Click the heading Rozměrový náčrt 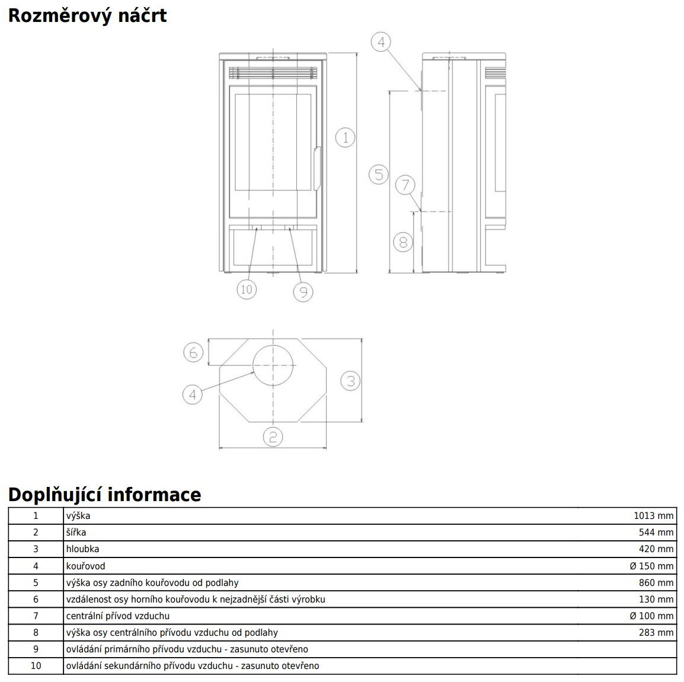click(x=87, y=15)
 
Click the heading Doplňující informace click(x=104, y=494)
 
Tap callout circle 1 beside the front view click(x=345, y=138)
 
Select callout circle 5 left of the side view click(x=378, y=174)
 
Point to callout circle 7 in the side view click(x=405, y=185)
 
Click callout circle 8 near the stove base click(x=403, y=241)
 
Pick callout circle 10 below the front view click(x=247, y=289)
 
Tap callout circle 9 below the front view click(x=302, y=291)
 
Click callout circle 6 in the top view click(x=193, y=353)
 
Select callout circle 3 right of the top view click(x=350, y=380)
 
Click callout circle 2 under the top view click(x=273, y=437)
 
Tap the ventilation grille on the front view click(x=273, y=73)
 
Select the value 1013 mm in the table click(x=653, y=516)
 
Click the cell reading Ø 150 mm click(x=651, y=566)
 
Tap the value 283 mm click(x=656, y=632)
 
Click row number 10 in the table click(x=36, y=665)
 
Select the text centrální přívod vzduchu click(x=117, y=616)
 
